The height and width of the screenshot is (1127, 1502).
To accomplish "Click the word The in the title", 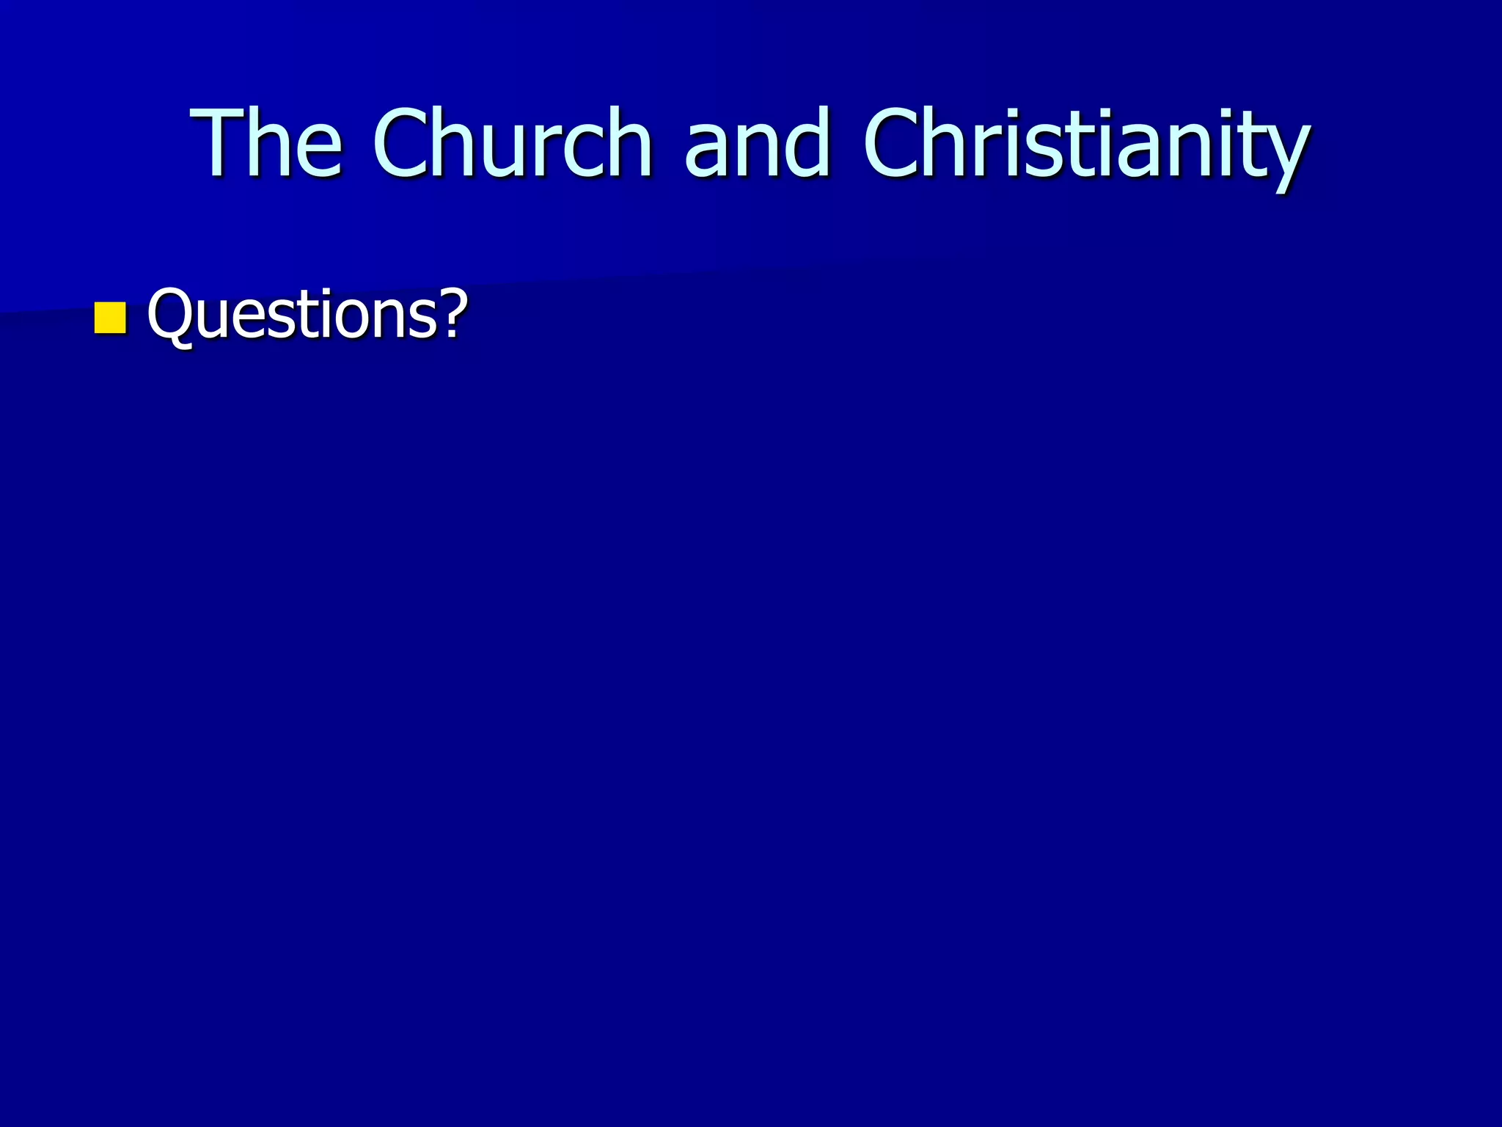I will click(266, 143).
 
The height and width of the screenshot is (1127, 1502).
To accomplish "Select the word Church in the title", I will click(512, 143).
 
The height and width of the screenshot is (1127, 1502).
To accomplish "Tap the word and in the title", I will click(757, 143).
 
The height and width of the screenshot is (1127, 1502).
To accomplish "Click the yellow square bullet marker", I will click(110, 318).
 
